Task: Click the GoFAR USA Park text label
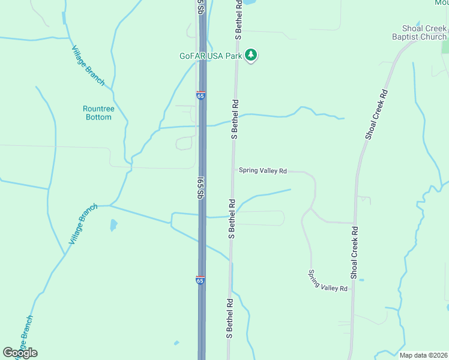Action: [210, 56]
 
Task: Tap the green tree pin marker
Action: [252, 55]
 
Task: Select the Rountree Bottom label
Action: [98, 113]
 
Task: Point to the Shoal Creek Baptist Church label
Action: [424, 32]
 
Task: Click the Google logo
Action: [20, 353]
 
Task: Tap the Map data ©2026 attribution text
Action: [423, 355]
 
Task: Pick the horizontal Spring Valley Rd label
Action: [263, 170]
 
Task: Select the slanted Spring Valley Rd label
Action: [328, 280]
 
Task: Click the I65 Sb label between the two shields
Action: [202, 187]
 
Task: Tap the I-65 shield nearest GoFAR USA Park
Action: [200, 95]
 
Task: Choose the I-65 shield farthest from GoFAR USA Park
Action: [200, 280]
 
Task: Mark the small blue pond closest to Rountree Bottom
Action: [113, 226]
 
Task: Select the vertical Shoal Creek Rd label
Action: [355, 252]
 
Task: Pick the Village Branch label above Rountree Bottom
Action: [88, 65]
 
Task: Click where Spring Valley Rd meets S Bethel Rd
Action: [234, 170]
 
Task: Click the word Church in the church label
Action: [433, 37]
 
